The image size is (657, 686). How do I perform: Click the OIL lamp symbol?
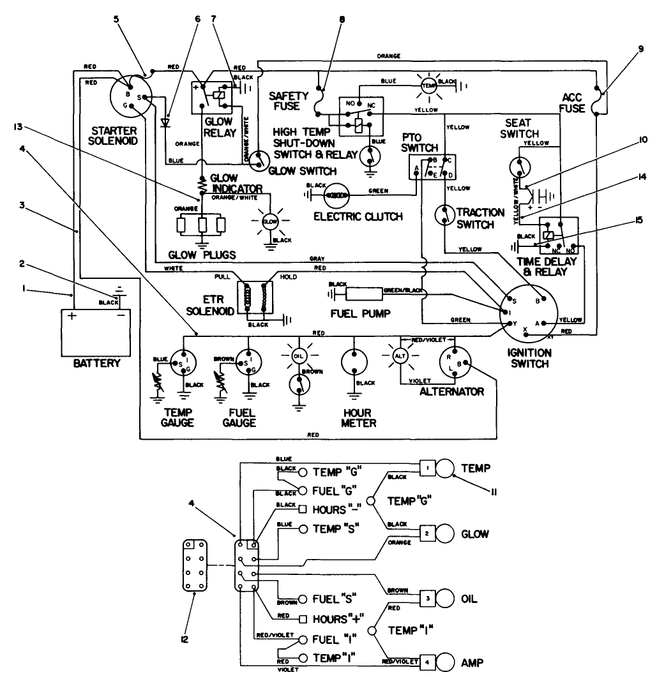(299, 355)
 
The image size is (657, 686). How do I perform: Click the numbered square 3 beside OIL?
(426, 599)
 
